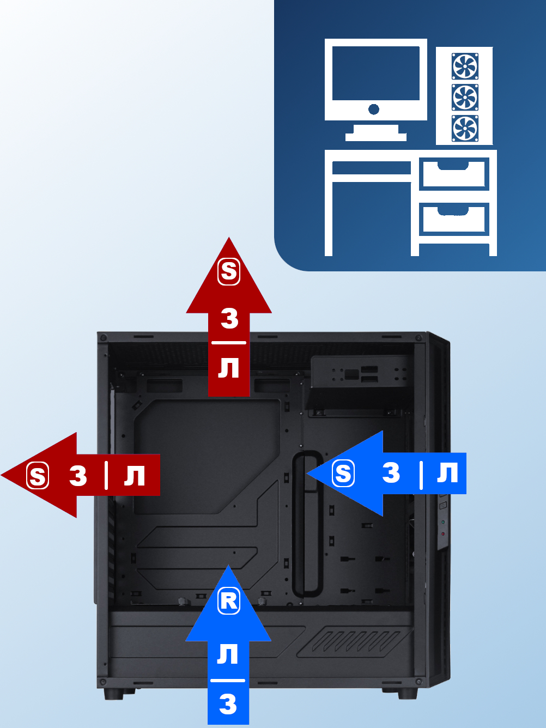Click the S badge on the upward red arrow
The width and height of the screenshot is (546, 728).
tap(229, 271)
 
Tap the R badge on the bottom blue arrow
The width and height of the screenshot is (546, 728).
tap(229, 600)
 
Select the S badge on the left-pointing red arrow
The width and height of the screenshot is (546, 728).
tap(38, 476)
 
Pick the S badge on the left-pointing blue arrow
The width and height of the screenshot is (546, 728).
tap(343, 473)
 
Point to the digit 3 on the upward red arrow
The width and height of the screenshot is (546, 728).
tap(229, 318)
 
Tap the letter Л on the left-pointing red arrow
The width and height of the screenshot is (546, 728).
tap(135, 476)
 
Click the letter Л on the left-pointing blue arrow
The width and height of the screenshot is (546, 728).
tap(447, 472)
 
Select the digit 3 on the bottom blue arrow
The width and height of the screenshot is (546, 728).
tap(228, 704)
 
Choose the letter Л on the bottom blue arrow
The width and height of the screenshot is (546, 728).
tap(228, 654)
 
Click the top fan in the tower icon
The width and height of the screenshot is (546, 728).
tap(465, 66)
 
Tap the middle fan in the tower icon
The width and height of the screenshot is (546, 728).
tap(465, 98)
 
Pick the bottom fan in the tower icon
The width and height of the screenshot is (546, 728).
tap(465, 129)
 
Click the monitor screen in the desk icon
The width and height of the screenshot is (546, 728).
tap(375, 73)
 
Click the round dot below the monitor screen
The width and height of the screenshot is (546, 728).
tap(374, 110)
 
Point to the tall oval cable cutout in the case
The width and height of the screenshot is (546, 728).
tap(306, 524)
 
